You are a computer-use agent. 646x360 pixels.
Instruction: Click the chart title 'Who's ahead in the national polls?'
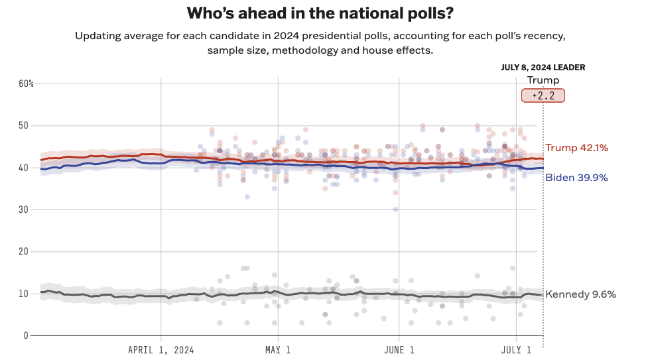point(323,13)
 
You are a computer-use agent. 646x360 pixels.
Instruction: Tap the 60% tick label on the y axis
point(26,84)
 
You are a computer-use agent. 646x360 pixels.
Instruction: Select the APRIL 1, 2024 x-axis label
point(161,349)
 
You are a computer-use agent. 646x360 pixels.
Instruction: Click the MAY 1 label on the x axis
point(278,349)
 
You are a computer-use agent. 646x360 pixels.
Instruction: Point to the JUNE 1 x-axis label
point(399,349)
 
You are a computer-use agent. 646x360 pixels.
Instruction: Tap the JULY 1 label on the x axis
point(515,349)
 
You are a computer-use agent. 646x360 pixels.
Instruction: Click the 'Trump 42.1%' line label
point(576,148)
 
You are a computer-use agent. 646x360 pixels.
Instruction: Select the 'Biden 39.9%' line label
point(576,178)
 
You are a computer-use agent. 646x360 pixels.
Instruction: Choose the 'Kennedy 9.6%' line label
point(580,294)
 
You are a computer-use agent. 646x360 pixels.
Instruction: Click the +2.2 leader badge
point(543,95)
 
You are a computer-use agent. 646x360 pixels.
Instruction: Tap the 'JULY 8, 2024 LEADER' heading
point(543,68)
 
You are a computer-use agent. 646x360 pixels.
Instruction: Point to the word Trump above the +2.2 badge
point(543,80)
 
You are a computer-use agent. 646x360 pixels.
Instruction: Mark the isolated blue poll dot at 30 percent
point(395,210)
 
